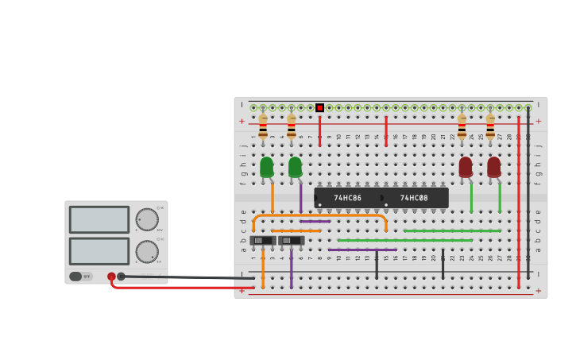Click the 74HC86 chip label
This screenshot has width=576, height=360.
(x=347, y=198)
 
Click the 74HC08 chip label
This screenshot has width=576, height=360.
(x=414, y=198)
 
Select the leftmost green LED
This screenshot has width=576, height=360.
(x=266, y=166)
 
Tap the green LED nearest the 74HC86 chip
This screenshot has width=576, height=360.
(x=295, y=166)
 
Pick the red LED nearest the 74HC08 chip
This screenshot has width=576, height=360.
(x=466, y=166)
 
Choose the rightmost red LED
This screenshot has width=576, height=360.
(x=494, y=166)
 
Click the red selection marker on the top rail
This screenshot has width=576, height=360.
(x=319, y=107)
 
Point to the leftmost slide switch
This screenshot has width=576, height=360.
(x=262, y=240)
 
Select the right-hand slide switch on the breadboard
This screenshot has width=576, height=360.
(x=291, y=240)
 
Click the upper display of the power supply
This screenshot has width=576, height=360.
(x=99, y=220)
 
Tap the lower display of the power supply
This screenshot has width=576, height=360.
(x=99, y=251)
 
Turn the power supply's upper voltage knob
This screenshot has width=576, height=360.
(x=147, y=219)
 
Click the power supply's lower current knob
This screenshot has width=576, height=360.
(x=147, y=251)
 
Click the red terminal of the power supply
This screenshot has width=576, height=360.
(x=111, y=277)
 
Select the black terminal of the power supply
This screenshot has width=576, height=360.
(x=121, y=277)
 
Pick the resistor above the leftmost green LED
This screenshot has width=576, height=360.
(x=263, y=127)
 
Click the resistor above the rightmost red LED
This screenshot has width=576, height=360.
(x=490, y=127)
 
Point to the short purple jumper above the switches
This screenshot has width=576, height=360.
(x=315, y=221)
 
